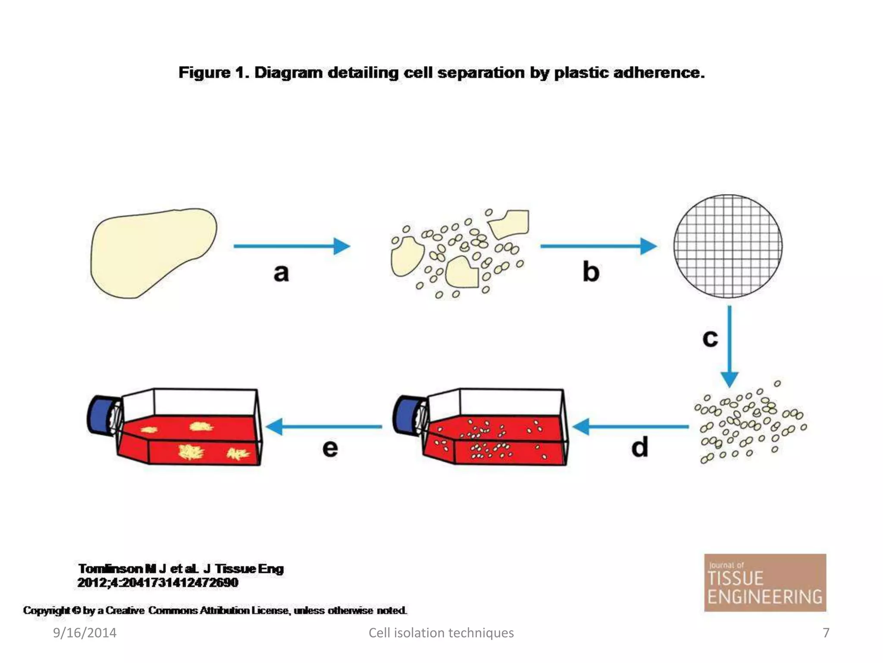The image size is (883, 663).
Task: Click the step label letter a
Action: tap(281, 273)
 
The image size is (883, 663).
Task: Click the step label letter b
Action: tap(591, 272)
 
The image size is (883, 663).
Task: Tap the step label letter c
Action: tap(710, 338)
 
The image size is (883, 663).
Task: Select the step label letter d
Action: tap(640, 447)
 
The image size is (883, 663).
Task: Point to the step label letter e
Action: tap(330, 448)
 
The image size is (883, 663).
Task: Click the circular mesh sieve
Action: tap(728, 246)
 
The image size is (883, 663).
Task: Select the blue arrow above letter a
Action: tap(291, 246)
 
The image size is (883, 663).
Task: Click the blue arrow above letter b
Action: tap(598, 246)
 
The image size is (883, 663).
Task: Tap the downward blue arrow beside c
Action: tap(730, 345)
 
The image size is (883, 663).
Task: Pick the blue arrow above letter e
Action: tap(323, 426)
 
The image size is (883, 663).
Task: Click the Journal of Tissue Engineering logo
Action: tap(765, 583)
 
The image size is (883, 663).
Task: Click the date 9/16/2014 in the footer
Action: tap(85, 633)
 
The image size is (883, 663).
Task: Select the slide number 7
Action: tap(826, 633)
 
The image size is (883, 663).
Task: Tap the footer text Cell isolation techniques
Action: tap(441, 633)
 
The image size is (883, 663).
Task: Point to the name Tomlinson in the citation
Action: tap(110, 569)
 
